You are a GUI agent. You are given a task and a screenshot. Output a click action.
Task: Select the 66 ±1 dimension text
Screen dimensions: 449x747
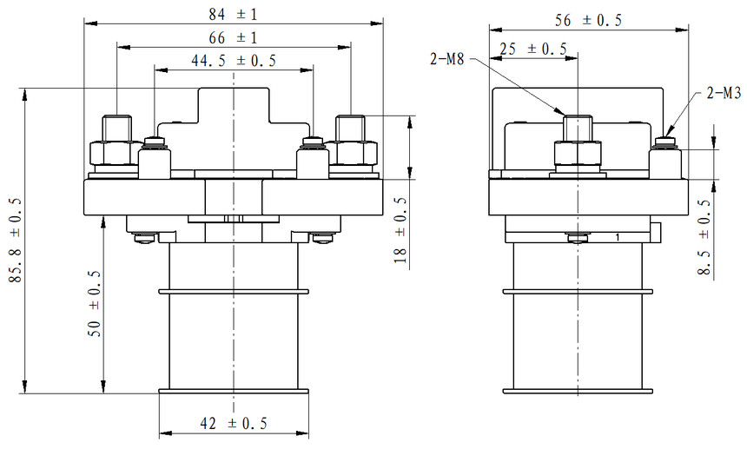point(234,38)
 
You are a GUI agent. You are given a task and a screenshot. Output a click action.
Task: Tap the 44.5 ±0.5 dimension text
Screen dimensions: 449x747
point(234,61)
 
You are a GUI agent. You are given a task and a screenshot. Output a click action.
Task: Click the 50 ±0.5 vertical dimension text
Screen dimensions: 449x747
point(94,303)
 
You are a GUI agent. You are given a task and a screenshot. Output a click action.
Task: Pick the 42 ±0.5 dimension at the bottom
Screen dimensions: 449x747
point(234,423)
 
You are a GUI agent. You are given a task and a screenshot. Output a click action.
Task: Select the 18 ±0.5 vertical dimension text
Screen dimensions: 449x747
point(400,229)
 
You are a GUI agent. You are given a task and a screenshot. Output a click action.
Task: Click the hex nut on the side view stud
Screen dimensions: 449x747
point(578,155)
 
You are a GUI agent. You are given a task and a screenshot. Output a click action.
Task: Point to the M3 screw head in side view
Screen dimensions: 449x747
point(667,142)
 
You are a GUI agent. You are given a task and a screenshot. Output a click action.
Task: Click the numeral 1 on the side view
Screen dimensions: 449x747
point(617,236)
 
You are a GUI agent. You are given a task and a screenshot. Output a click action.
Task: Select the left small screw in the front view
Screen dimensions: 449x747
point(155,142)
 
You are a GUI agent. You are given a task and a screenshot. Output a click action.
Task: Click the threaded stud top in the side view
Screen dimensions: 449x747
point(578,120)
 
